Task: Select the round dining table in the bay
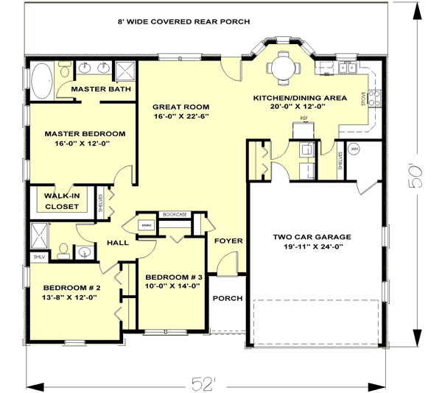coord(284,68)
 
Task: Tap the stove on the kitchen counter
coord(374,95)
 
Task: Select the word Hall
coord(117,241)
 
